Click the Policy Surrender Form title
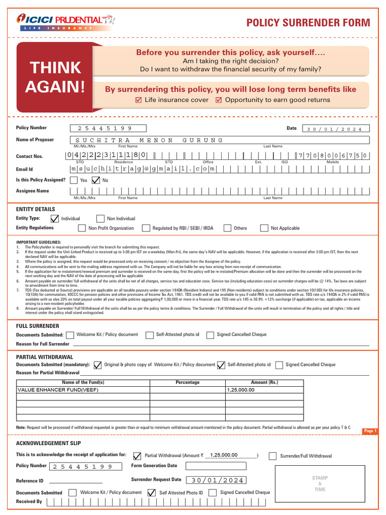coord(308,23)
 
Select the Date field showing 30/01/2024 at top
coord(335,129)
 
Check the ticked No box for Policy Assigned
coord(95,180)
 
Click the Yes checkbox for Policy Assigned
coord(74,180)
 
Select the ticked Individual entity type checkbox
coord(55,219)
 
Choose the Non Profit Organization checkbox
coord(82,228)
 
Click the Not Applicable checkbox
coord(264,228)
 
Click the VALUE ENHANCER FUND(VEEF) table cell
coord(83,390)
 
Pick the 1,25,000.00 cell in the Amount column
coord(264,390)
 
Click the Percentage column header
coord(187,383)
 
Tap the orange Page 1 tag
coord(369,431)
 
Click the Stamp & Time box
coord(320,484)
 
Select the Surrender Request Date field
coord(216,480)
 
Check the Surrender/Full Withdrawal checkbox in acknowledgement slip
coord(272,456)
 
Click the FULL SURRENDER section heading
coord(38,326)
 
